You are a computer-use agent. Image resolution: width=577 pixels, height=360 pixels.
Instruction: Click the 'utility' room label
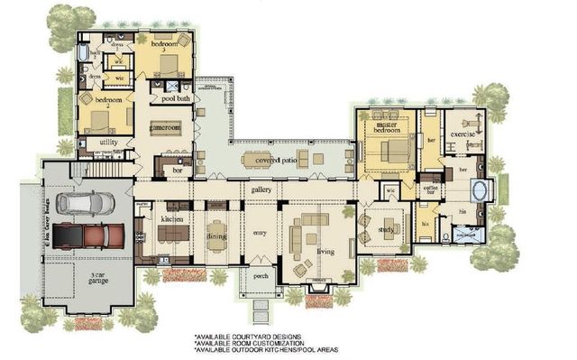coord(109,142)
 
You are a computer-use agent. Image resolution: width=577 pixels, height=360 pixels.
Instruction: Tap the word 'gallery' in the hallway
coord(261,190)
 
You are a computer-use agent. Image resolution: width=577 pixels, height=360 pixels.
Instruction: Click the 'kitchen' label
coord(172,219)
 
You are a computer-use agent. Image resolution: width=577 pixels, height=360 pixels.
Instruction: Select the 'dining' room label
coord(216,236)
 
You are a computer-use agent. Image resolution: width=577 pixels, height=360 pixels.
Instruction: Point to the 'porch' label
coord(261,275)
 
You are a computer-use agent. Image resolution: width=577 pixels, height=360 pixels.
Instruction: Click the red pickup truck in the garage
coord(91,234)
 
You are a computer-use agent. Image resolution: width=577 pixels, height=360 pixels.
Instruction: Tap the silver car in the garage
coord(84,202)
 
